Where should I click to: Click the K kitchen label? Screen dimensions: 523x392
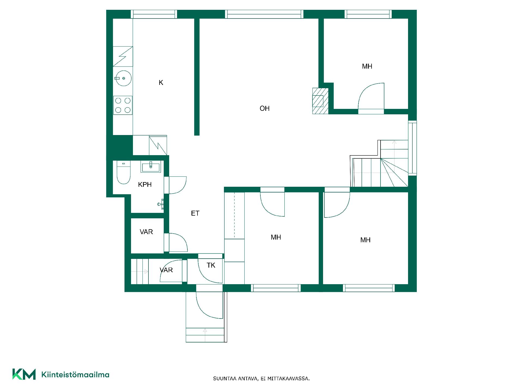161,82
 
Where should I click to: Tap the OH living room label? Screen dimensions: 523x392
264,108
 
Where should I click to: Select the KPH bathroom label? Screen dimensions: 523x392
145,185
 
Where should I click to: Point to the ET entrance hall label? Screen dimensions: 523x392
195,213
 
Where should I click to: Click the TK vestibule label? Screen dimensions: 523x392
211,265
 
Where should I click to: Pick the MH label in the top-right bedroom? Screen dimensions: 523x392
367,66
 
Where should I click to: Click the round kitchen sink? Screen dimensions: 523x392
123,78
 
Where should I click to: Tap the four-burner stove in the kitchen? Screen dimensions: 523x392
123,105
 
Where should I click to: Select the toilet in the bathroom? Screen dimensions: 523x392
123,172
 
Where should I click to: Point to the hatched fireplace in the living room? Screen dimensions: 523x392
320,101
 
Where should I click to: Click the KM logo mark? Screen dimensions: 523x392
24,374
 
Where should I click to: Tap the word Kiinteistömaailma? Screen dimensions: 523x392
75,375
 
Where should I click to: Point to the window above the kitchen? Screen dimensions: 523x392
154,14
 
